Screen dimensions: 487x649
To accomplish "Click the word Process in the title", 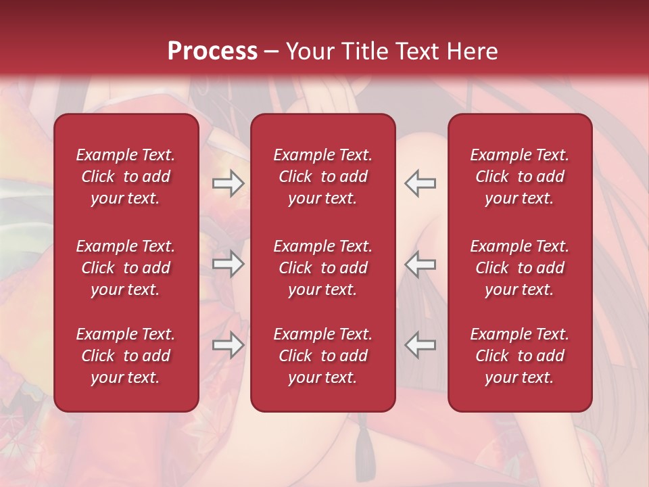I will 212,51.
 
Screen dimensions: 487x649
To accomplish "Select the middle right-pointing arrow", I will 229,264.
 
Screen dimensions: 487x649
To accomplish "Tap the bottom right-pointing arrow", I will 229,346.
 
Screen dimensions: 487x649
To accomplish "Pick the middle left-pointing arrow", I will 420,264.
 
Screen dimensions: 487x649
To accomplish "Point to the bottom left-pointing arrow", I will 420,346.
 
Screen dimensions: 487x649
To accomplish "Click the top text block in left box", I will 126,177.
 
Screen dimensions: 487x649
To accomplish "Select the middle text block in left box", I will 126,268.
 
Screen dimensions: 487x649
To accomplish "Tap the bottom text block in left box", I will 126,356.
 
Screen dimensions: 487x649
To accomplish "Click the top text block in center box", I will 323,177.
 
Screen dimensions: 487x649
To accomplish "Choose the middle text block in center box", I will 323,268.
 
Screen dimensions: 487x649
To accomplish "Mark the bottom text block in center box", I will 323,356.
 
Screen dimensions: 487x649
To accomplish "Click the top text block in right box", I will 520,177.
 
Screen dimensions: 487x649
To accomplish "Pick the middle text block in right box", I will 520,268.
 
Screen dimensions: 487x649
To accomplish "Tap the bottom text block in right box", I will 520,356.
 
